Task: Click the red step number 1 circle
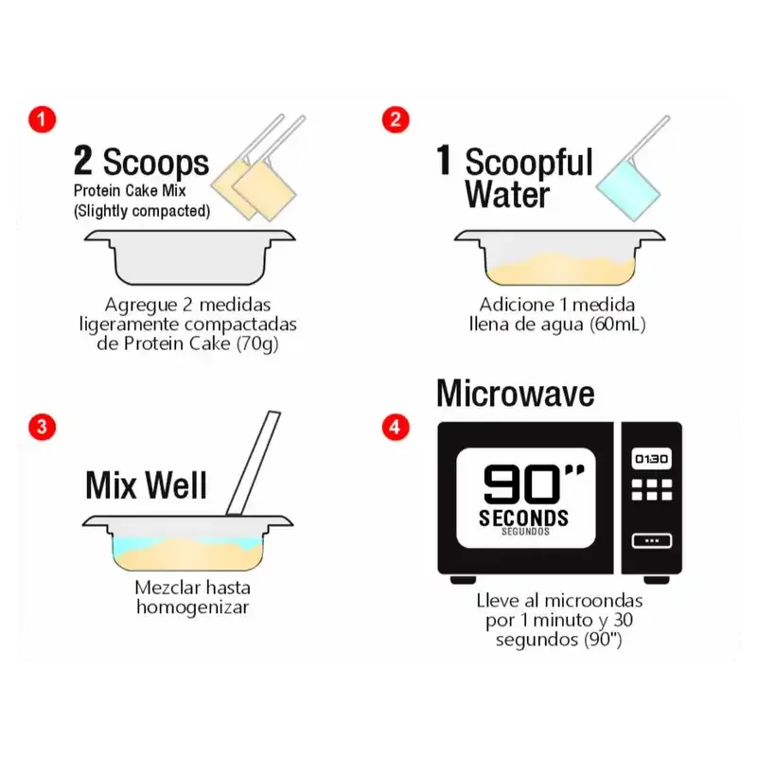click(x=42, y=120)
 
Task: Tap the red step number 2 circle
click(x=396, y=120)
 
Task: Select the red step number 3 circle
click(x=42, y=427)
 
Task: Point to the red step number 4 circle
click(x=396, y=427)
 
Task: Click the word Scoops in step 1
click(x=156, y=163)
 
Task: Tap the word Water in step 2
click(x=507, y=194)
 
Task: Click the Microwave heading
click(x=515, y=394)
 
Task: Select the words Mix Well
click(x=147, y=484)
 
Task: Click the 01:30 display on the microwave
click(x=651, y=459)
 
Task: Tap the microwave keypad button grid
click(x=652, y=489)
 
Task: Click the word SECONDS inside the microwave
click(x=524, y=518)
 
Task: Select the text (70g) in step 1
click(x=257, y=343)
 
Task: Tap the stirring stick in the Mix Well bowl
click(x=253, y=464)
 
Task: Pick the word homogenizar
click(x=193, y=607)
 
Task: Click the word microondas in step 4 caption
click(x=593, y=601)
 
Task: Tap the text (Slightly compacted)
click(x=142, y=211)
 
